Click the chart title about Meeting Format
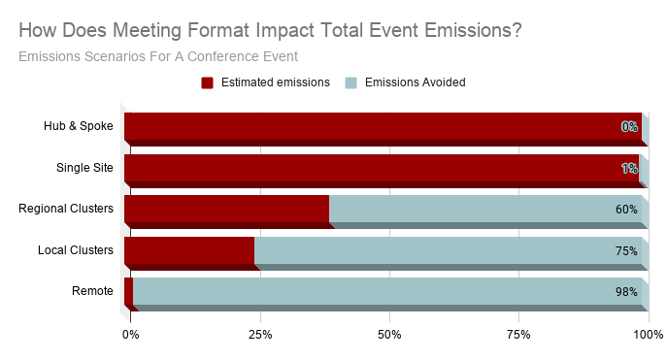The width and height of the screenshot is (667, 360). [270, 30]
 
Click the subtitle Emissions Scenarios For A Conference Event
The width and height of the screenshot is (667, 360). [158, 55]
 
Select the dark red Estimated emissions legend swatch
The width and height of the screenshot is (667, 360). [207, 82]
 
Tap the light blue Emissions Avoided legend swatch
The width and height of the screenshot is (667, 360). [351, 82]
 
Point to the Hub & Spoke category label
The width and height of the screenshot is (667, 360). [79, 126]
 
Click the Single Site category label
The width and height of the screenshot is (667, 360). [84, 168]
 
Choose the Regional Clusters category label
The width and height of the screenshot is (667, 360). [66, 209]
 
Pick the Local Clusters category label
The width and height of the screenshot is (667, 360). [75, 250]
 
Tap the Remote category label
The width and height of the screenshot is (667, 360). [92, 291]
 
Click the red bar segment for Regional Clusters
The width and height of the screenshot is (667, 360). [226, 209]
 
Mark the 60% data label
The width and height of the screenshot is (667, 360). [626, 210]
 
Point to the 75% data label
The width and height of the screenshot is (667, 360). [626, 251]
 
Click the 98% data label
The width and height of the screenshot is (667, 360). [626, 292]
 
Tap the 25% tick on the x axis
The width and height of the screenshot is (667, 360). [259, 335]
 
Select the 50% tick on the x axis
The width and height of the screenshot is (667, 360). [389, 335]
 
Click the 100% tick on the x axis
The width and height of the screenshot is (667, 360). [648, 335]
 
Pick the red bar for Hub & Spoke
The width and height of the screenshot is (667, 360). [379, 126]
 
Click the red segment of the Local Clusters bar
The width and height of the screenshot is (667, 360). [189, 250]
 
